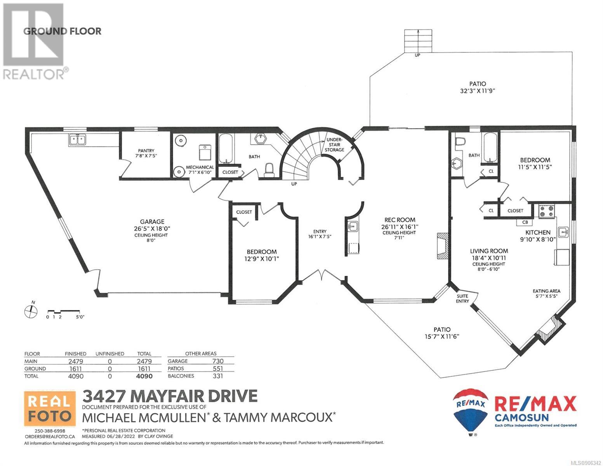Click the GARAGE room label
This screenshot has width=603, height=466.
pyautogui.click(x=152, y=221)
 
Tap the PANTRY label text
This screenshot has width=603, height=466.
pyautogui.click(x=146, y=151)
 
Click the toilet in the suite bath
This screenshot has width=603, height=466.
pyautogui.click(x=460, y=142)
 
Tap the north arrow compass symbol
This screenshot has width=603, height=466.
pyautogui.click(x=31, y=311)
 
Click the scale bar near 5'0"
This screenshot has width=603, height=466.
pyautogui.click(x=64, y=311)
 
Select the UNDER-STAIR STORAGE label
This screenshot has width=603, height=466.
pyautogui.click(x=334, y=144)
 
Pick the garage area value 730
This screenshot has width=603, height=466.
pyautogui.click(x=217, y=361)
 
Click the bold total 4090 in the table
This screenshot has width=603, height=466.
pyautogui.click(x=144, y=376)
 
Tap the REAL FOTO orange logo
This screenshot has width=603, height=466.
pyautogui.click(x=50, y=408)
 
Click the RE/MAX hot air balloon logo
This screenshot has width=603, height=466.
pyautogui.click(x=470, y=411)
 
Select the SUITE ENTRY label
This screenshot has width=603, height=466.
pyautogui.click(x=462, y=298)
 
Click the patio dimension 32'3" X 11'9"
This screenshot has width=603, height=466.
pyautogui.click(x=478, y=91)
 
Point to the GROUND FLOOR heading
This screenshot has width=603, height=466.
pyautogui.click(x=63, y=31)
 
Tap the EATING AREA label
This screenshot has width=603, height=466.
pyautogui.click(x=546, y=291)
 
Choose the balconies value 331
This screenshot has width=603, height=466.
pyautogui.click(x=217, y=376)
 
